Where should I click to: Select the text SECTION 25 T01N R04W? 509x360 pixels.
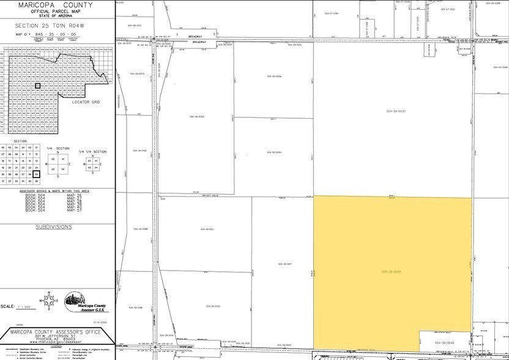[x=57, y=26]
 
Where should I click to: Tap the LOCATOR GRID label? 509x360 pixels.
[x=86, y=102]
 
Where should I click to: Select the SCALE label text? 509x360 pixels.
[x=8, y=306]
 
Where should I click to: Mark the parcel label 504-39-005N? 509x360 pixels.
[x=273, y=152]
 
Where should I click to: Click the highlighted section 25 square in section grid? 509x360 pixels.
[x=37, y=174]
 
